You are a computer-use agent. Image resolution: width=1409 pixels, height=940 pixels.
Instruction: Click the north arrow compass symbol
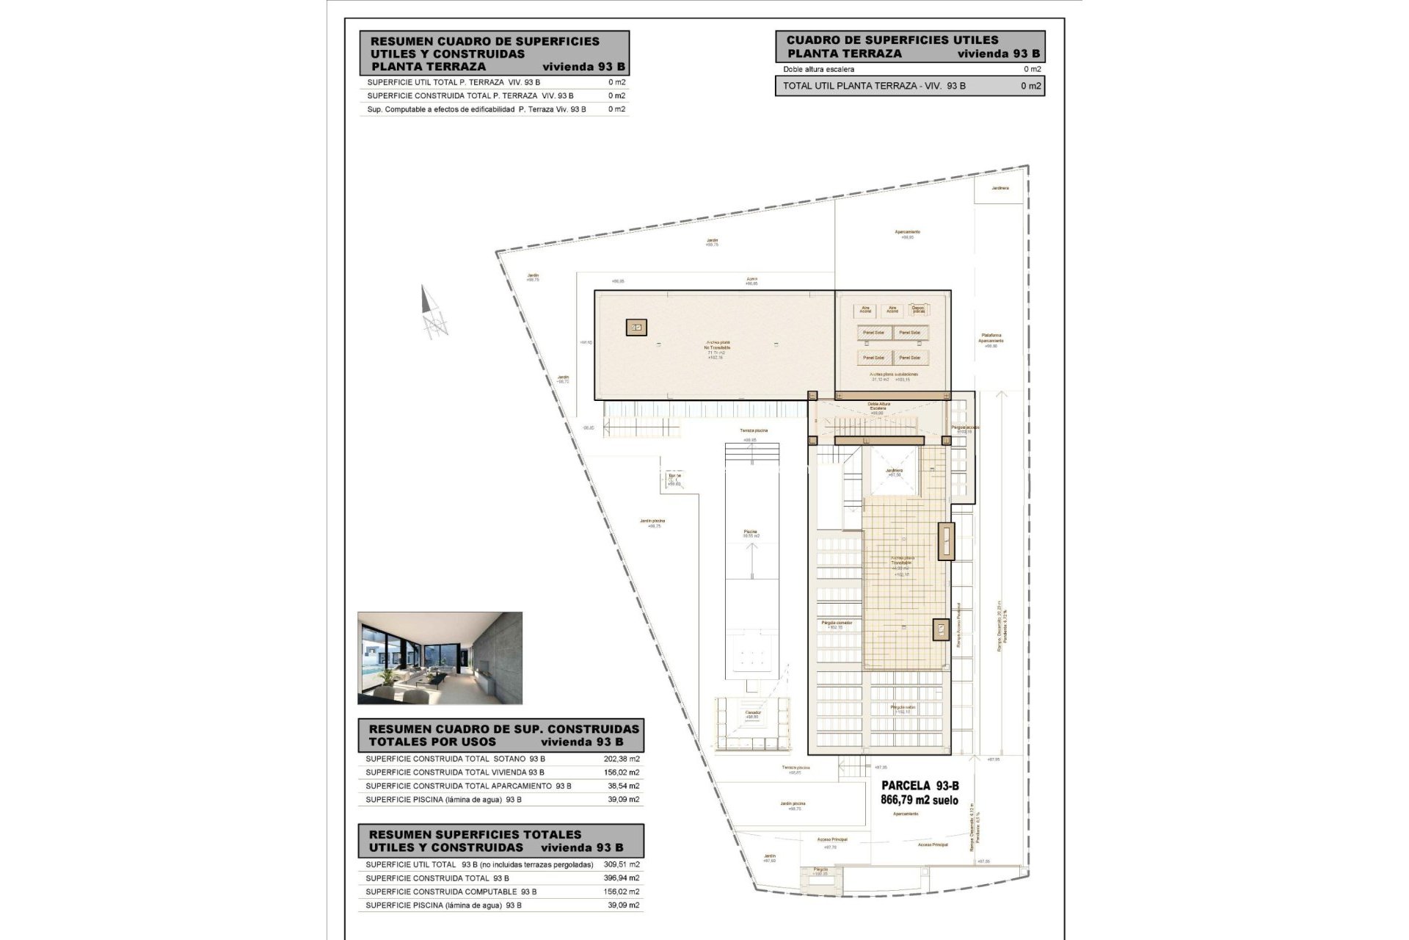click(x=433, y=313)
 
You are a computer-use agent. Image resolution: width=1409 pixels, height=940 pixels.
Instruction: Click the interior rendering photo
click(x=440, y=658)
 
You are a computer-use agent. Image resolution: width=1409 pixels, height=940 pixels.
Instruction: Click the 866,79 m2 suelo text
click(x=919, y=800)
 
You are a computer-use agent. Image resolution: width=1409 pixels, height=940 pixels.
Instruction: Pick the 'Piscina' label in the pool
click(x=750, y=532)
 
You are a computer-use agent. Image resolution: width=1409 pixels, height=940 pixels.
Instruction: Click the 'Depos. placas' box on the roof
click(x=917, y=310)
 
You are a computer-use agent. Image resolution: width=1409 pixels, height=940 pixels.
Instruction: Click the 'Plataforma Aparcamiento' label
click(x=991, y=339)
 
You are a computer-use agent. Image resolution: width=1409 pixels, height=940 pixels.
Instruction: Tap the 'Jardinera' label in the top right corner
click(x=1000, y=188)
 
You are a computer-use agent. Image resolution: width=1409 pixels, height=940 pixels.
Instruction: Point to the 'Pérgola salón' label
click(x=901, y=708)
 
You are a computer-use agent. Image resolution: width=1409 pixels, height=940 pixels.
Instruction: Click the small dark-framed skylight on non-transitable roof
click(x=636, y=328)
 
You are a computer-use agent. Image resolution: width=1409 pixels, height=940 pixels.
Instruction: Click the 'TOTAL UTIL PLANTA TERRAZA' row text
click(x=874, y=86)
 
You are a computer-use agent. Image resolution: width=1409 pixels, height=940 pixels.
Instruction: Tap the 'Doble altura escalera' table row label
click(x=818, y=69)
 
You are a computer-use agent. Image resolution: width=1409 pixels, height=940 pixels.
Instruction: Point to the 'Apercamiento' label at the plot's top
click(x=907, y=233)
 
